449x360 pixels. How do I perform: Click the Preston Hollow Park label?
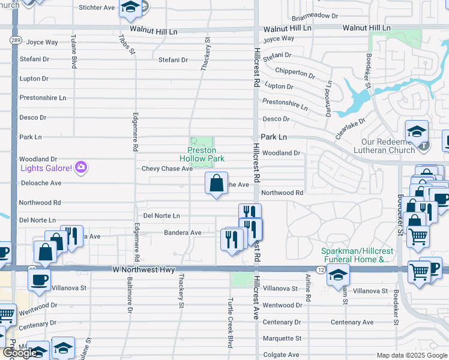point(202,154)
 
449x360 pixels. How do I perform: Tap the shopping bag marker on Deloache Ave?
point(216,183)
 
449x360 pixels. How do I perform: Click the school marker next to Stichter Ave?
point(129,8)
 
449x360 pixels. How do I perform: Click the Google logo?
point(20,353)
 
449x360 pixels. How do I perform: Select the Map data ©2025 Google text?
point(411,355)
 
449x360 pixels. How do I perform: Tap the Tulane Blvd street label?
point(74,51)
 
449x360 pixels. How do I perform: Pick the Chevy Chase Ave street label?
point(167,169)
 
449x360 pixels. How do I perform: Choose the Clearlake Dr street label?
point(351,129)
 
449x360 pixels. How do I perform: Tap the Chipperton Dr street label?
point(295,73)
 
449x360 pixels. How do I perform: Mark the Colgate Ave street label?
point(281,355)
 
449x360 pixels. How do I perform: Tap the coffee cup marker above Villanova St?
point(39,279)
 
